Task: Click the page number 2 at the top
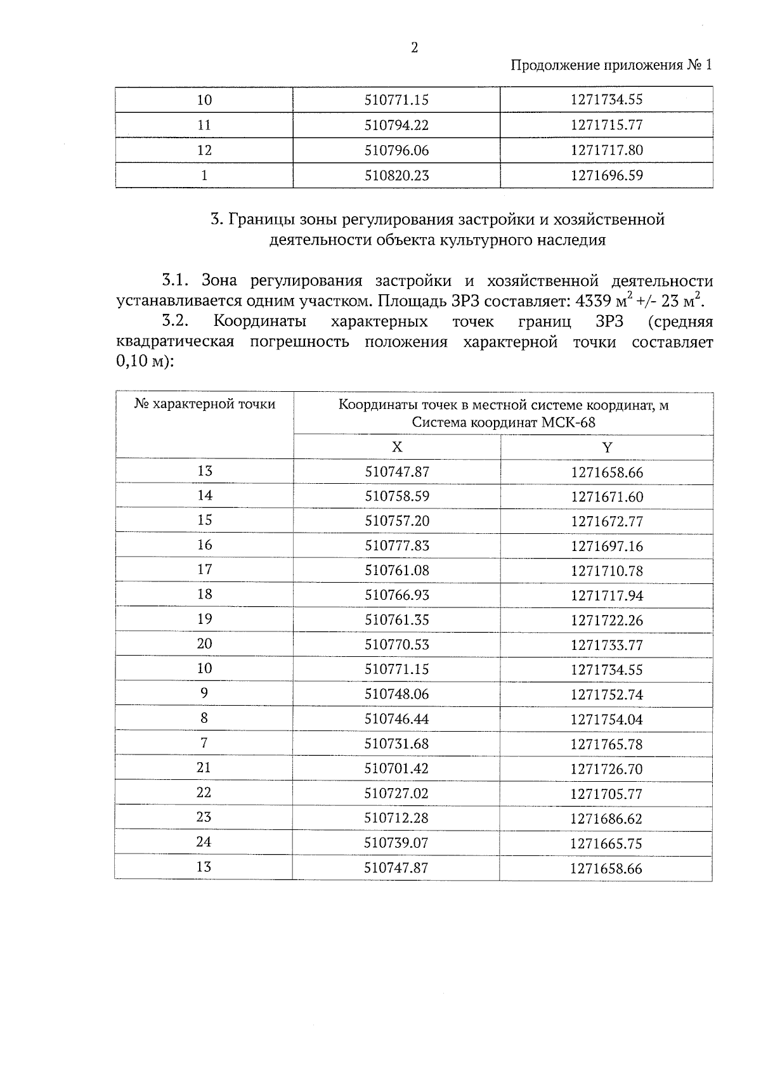414,48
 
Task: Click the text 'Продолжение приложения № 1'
611,65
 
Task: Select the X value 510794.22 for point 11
396,126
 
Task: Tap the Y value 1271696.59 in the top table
606,176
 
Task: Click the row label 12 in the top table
204,150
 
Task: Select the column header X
396,447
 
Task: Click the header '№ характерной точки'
204,405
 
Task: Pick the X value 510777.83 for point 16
396,546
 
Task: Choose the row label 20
204,644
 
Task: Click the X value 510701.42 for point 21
396,769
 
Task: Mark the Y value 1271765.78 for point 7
606,744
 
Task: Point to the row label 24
204,842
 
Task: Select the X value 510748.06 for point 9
396,694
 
